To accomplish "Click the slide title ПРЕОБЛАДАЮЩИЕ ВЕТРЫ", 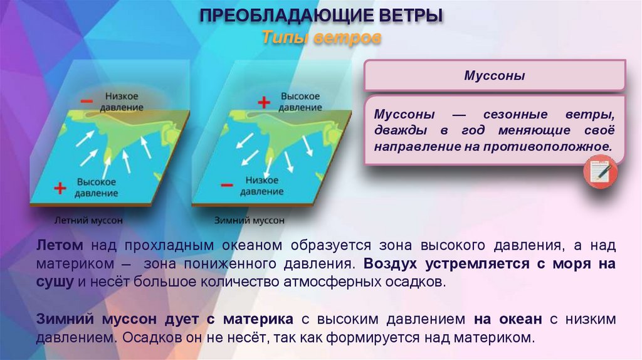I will (321, 16).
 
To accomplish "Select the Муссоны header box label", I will (494, 76).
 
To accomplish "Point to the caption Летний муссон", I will (88, 221).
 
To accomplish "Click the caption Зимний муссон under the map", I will (250, 221).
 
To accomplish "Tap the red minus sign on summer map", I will (87, 101).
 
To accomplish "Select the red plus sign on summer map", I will (60, 187).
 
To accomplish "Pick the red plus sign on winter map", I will (265, 102).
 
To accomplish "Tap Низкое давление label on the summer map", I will (122, 102).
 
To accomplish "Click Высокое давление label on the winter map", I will (300, 102).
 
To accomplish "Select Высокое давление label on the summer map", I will (97, 187).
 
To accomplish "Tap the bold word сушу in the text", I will (55, 281).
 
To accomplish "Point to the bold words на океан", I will (508, 319).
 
